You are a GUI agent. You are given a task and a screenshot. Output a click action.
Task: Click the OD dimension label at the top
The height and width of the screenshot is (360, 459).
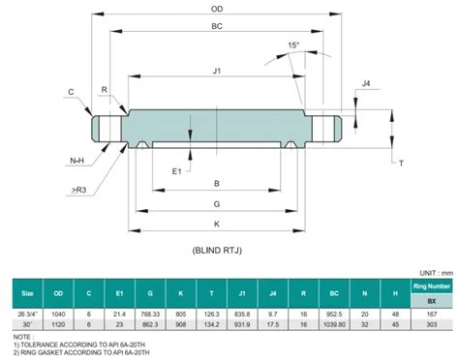[217, 10]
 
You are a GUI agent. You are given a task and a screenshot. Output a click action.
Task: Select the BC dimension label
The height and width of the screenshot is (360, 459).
[217, 29]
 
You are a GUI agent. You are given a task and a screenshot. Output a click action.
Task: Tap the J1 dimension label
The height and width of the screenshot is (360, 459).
[217, 71]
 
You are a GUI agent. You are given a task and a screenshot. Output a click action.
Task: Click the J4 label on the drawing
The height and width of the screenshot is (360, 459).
[366, 84]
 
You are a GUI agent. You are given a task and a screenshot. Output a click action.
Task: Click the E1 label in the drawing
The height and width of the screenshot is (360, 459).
[177, 170]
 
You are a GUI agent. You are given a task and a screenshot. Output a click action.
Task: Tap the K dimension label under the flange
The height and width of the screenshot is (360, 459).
[217, 224]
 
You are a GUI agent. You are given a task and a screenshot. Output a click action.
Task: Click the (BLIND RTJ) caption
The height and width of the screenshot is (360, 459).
[217, 249]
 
